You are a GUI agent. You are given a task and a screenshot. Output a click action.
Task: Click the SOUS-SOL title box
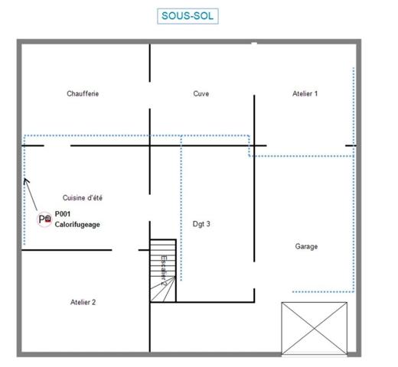(x=182, y=15)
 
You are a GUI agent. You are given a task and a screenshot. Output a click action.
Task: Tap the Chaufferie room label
(x=83, y=94)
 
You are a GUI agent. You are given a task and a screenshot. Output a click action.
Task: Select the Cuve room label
(x=201, y=94)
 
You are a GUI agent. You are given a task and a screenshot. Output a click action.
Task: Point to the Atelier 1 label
(x=305, y=94)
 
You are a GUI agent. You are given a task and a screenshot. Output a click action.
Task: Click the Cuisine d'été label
(x=83, y=198)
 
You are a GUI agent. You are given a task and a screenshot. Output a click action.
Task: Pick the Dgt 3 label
(x=201, y=224)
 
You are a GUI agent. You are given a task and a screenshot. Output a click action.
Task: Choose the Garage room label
(x=306, y=246)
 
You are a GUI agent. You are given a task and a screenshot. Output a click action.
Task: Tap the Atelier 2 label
(x=83, y=302)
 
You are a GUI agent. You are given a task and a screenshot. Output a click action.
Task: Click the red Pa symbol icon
(x=45, y=219)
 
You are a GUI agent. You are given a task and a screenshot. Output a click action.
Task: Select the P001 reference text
(x=63, y=215)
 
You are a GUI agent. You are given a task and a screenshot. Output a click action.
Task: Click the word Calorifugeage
(x=77, y=225)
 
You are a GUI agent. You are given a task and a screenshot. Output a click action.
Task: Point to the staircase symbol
(x=163, y=271)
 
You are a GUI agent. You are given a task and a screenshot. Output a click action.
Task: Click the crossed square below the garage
(x=314, y=328)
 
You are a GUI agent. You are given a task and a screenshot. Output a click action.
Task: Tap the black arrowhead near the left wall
(x=26, y=182)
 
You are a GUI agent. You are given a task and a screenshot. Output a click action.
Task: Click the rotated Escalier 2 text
(x=163, y=270)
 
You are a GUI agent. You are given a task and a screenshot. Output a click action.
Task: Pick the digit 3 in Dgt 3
(x=208, y=224)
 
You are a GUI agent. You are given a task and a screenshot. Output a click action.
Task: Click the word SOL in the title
(x=195, y=15)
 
